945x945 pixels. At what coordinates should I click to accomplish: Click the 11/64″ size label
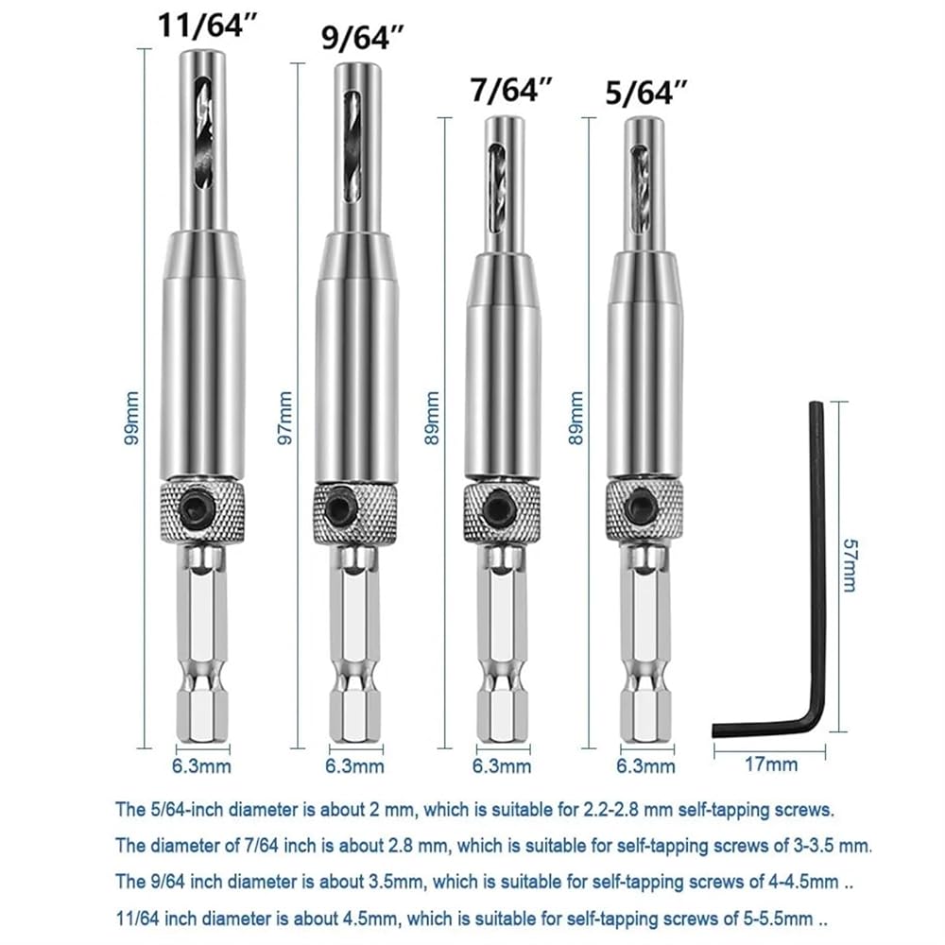[207, 26]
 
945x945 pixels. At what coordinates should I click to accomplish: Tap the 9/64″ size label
[362, 38]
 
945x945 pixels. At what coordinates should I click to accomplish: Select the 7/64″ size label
[511, 89]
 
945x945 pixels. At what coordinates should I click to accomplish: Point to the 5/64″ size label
[646, 93]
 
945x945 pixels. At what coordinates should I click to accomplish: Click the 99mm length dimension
[131, 419]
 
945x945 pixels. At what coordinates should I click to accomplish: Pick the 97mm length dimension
[284, 419]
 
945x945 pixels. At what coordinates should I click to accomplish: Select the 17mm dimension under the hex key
[771, 765]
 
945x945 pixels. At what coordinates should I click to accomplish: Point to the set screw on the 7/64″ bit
[498, 506]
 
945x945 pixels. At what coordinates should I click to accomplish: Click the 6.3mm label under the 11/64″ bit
[201, 766]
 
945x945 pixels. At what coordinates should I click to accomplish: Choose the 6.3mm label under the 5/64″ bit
[646, 766]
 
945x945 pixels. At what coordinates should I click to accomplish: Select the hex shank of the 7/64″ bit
[503, 644]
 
